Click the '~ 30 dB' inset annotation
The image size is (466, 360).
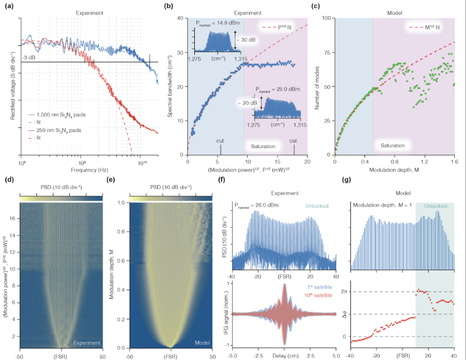click(245, 41)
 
